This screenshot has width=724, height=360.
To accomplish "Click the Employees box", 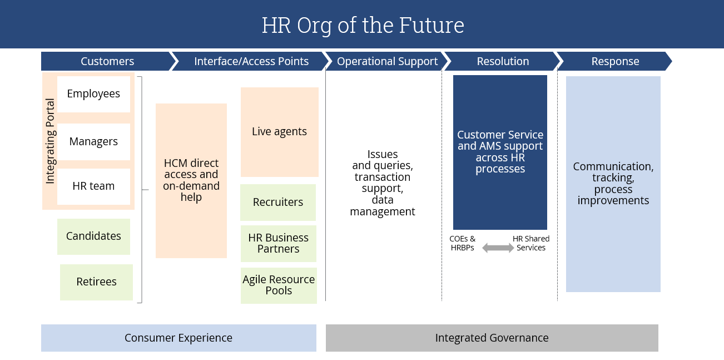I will (x=93, y=94).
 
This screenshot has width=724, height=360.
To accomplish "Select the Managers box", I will (x=93, y=142).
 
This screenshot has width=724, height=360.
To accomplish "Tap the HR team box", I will (x=93, y=186).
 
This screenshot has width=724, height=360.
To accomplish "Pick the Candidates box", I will (x=93, y=236).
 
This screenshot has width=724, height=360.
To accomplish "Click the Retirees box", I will (x=96, y=282).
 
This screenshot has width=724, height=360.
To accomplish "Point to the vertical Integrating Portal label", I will (x=50, y=141).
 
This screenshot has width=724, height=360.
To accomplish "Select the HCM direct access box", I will (x=191, y=180).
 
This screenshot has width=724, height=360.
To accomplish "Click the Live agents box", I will (x=279, y=132).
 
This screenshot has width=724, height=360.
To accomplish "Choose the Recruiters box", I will (x=278, y=203).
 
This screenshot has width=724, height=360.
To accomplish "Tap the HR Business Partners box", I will (x=278, y=244).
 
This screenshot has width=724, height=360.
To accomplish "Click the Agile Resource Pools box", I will (x=279, y=285).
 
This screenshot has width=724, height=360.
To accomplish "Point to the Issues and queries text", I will (x=383, y=183).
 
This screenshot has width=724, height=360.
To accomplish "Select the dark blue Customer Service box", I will (x=500, y=152).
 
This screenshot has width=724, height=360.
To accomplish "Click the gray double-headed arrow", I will (x=498, y=248).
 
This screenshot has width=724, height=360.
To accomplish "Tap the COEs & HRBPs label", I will (x=463, y=243).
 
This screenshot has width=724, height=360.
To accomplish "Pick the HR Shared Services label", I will (x=531, y=243).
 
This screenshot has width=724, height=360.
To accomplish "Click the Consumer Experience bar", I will (x=178, y=338).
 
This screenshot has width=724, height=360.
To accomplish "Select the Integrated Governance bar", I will (x=492, y=338).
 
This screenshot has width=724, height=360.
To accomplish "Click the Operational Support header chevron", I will (x=387, y=61).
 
